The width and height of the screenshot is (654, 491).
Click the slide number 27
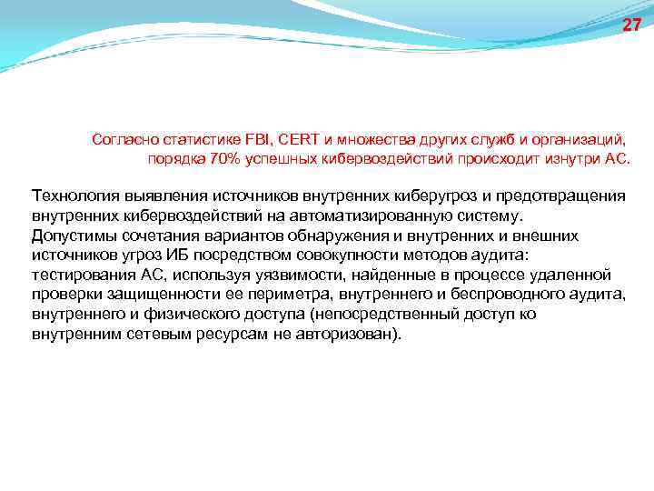[631, 25]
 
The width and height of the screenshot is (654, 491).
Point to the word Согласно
[124, 140]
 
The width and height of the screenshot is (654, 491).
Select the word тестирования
[82, 275]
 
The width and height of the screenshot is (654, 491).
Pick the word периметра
[260, 294]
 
